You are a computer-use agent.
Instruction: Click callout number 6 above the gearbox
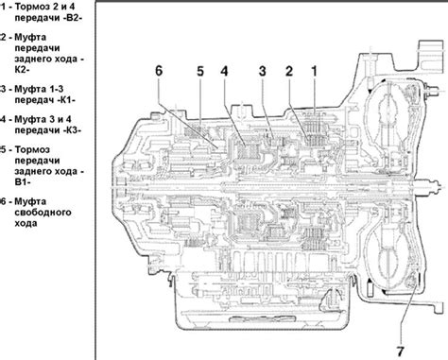coord(159,71)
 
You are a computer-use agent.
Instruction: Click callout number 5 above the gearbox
coord(200,71)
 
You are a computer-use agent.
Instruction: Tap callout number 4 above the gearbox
coord(224,71)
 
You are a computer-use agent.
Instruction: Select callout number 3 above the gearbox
coord(263,71)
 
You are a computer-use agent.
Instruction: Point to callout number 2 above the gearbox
coord(289,71)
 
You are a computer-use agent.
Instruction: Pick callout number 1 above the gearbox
coord(314,71)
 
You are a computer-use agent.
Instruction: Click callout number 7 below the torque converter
coord(400,351)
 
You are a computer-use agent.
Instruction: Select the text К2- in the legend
coord(22,70)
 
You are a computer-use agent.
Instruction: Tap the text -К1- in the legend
coord(64,100)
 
